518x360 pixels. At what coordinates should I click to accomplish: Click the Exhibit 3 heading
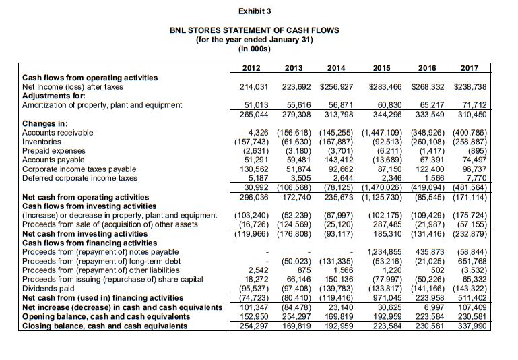[x=254, y=11]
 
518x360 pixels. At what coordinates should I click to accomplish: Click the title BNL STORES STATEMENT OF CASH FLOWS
[x=254, y=30]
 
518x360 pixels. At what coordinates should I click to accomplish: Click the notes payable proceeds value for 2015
[x=383, y=250]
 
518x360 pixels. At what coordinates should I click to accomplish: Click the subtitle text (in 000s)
[x=254, y=49]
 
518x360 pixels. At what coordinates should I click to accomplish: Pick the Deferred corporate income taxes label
[x=79, y=179]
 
